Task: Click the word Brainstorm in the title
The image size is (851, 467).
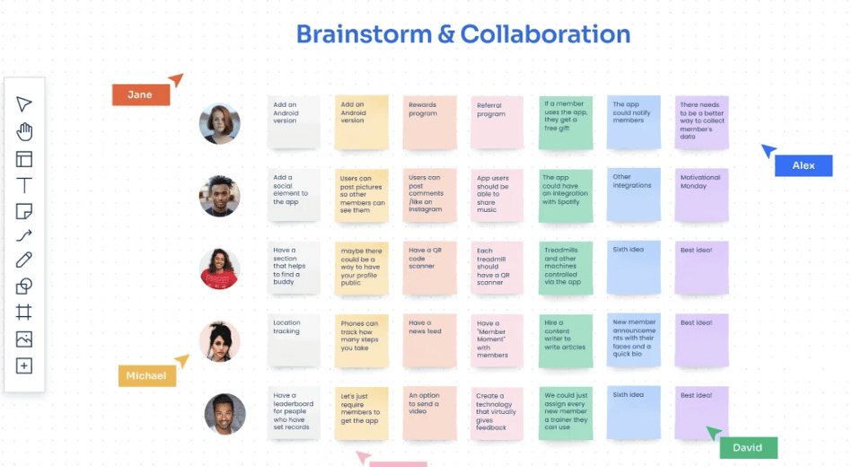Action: (364, 35)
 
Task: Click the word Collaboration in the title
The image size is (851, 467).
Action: (545, 35)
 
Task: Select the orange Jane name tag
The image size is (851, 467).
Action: (140, 94)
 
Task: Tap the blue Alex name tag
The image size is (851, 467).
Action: (803, 165)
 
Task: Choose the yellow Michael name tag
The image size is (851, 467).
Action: (146, 375)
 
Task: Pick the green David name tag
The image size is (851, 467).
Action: (747, 447)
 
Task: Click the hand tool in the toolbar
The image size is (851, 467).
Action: (24, 132)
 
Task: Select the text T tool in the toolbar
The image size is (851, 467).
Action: (24, 186)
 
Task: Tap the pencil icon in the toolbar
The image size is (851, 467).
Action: (24, 260)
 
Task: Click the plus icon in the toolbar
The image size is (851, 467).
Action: (24, 366)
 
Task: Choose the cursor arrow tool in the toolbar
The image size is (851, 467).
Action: (24, 104)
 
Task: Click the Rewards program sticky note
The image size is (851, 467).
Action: (429, 121)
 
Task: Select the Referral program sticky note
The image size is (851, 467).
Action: (497, 121)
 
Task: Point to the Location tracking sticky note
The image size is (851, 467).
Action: (294, 339)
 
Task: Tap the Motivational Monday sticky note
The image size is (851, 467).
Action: (701, 193)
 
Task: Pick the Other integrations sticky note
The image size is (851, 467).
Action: (633, 193)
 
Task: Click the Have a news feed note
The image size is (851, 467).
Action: (429, 339)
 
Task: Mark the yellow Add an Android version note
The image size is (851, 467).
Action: (361, 121)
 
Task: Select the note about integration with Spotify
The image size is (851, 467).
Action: (566, 193)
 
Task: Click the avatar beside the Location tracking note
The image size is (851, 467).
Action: (220, 341)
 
